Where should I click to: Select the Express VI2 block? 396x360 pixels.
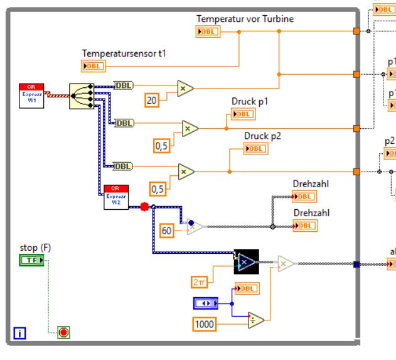coord(116,197)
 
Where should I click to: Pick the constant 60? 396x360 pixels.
coord(166,231)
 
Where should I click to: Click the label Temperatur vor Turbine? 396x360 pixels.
coord(245,19)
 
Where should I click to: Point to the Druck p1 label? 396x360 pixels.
coord(250,102)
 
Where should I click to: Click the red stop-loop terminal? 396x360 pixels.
coord(63,332)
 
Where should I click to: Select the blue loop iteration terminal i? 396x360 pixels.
coord(19,333)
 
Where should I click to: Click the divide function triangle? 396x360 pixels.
coord(255,320)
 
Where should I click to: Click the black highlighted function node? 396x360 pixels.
coord(245,261)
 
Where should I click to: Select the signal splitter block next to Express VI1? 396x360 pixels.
coord(80,95)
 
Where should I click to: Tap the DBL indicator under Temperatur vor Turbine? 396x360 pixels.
coord(207,31)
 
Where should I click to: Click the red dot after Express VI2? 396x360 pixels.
coord(144,206)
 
